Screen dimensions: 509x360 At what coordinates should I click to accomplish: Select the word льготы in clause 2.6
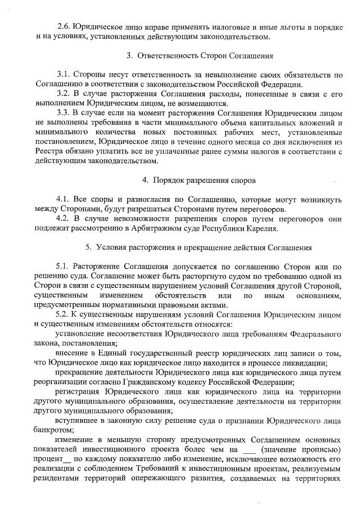coord(269,26)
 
